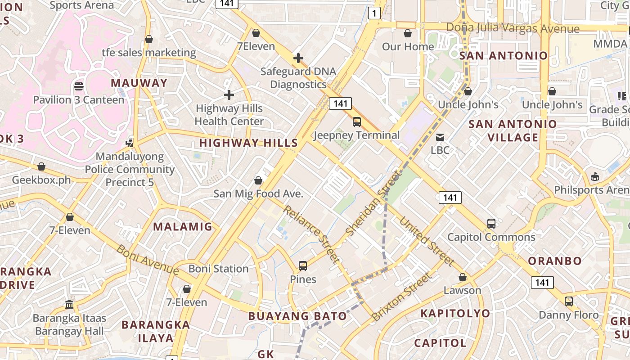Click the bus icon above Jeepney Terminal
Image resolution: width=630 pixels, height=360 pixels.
click(x=357, y=121)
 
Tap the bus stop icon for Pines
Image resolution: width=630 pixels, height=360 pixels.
click(x=303, y=266)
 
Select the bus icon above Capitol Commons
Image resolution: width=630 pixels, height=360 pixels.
click(x=491, y=223)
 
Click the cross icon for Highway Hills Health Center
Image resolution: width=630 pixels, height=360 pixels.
click(x=229, y=95)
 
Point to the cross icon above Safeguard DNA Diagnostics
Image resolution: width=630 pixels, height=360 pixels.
click(x=298, y=58)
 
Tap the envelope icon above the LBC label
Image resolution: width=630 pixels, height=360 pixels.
click(x=440, y=137)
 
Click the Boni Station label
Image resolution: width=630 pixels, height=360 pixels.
click(x=218, y=269)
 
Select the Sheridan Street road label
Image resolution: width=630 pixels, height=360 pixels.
click(x=373, y=203)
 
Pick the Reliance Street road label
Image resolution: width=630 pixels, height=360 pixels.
click(x=311, y=234)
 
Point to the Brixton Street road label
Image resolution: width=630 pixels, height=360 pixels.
click(x=400, y=297)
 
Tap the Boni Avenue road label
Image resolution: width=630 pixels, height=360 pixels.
click(x=148, y=260)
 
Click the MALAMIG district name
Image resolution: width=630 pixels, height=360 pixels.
click(x=183, y=226)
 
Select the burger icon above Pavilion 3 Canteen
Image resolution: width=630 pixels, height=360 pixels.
click(x=79, y=86)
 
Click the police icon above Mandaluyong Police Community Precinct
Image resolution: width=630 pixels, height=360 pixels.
click(x=130, y=143)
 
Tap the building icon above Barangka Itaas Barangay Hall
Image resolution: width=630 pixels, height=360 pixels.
click(x=69, y=305)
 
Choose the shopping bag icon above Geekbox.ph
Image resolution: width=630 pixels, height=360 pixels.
click(x=41, y=166)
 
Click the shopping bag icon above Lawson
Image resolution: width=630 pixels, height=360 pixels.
click(x=462, y=277)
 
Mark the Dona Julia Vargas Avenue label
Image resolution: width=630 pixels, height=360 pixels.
click(x=513, y=28)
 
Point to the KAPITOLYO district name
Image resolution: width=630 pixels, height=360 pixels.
click(x=455, y=313)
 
